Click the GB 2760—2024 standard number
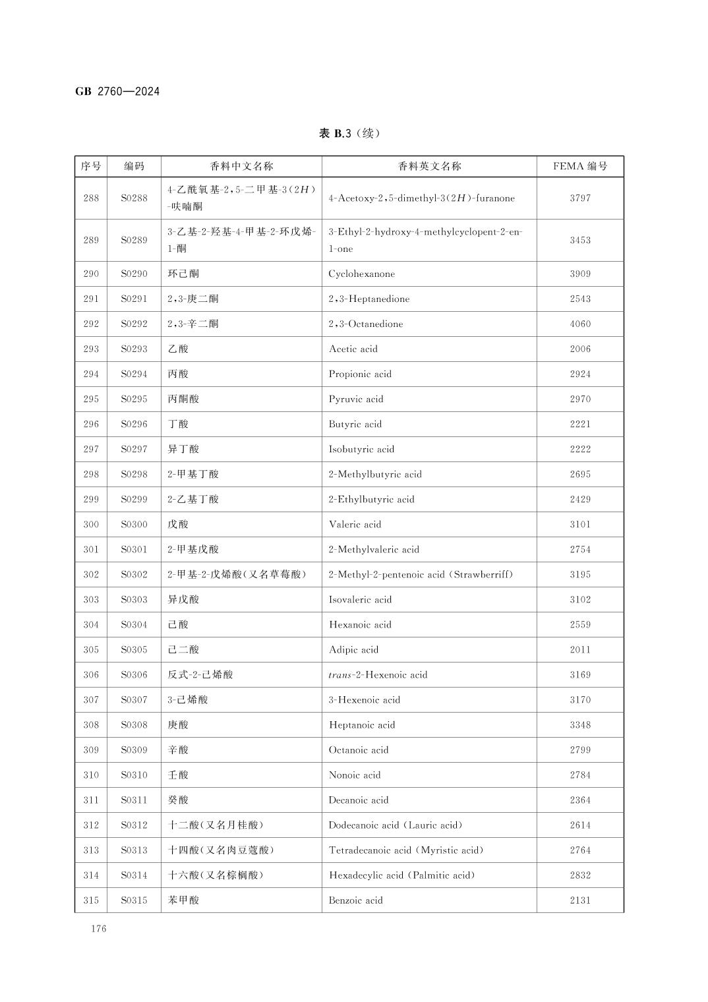pos(117,92)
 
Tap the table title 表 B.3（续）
pos(349,133)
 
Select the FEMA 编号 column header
pos(580,166)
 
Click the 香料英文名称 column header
pos(429,166)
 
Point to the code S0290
pos(134,274)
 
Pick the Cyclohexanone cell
pos(362,274)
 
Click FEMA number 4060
pos(580,324)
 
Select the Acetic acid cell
pos(353,349)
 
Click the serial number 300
pos(91,524)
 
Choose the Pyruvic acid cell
pos(356,399)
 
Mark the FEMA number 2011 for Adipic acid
pos(580,649)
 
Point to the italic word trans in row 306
pos(340,674)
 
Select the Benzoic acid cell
pos(356,900)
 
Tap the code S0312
pos(134,825)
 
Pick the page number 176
pos(99,929)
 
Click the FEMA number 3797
pos(580,198)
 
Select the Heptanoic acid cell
pos(362,724)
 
